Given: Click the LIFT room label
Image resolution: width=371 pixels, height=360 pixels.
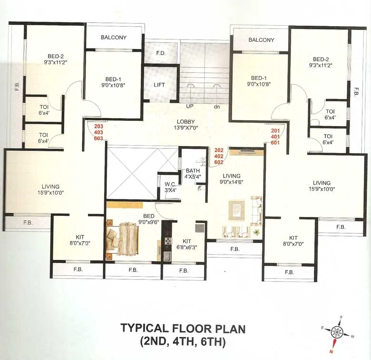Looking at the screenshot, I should (x=159, y=85).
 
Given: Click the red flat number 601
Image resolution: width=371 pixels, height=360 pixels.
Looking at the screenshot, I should (x=275, y=142).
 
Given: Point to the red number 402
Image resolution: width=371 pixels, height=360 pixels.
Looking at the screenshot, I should (x=219, y=156).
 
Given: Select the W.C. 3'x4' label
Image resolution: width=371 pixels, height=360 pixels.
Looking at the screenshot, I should (x=170, y=187).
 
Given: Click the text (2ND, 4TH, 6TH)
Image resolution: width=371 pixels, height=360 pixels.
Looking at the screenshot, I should (x=183, y=341).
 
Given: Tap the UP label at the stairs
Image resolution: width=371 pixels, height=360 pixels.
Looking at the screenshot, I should (x=189, y=107).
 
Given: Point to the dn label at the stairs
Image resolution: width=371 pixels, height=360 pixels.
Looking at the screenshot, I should (x=217, y=107).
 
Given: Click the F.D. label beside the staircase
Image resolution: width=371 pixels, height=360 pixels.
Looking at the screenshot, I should (x=160, y=53).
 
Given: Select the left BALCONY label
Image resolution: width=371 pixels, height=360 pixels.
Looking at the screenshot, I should (x=114, y=38).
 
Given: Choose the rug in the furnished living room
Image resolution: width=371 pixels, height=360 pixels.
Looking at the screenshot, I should (x=236, y=210).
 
